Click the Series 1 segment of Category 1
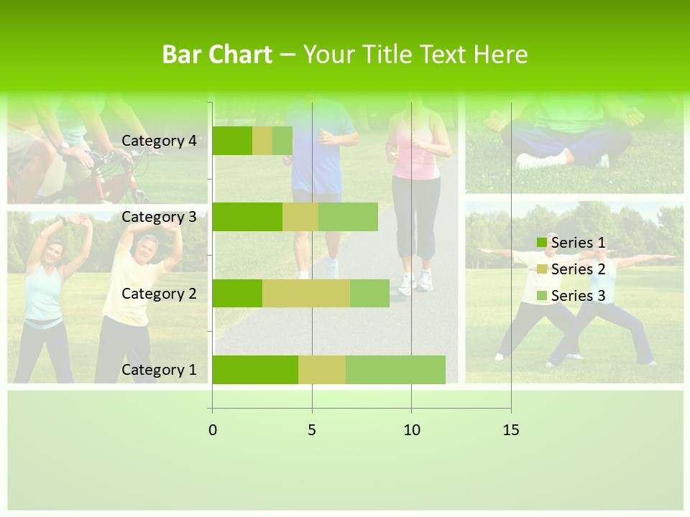click(x=255, y=370)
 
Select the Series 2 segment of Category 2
click(x=306, y=293)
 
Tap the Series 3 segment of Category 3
click(x=348, y=217)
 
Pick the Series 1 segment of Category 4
click(x=232, y=141)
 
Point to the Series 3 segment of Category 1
click(x=395, y=370)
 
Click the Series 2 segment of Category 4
click(x=262, y=141)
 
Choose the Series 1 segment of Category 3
click(x=247, y=217)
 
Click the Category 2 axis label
click(x=159, y=293)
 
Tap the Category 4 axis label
click(x=159, y=141)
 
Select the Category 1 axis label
click(x=159, y=370)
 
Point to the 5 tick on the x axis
click(x=312, y=430)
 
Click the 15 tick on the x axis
click(x=511, y=430)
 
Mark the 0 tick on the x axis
click(x=213, y=430)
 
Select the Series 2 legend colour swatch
click(x=541, y=269)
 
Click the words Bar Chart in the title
click(x=217, y=55)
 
